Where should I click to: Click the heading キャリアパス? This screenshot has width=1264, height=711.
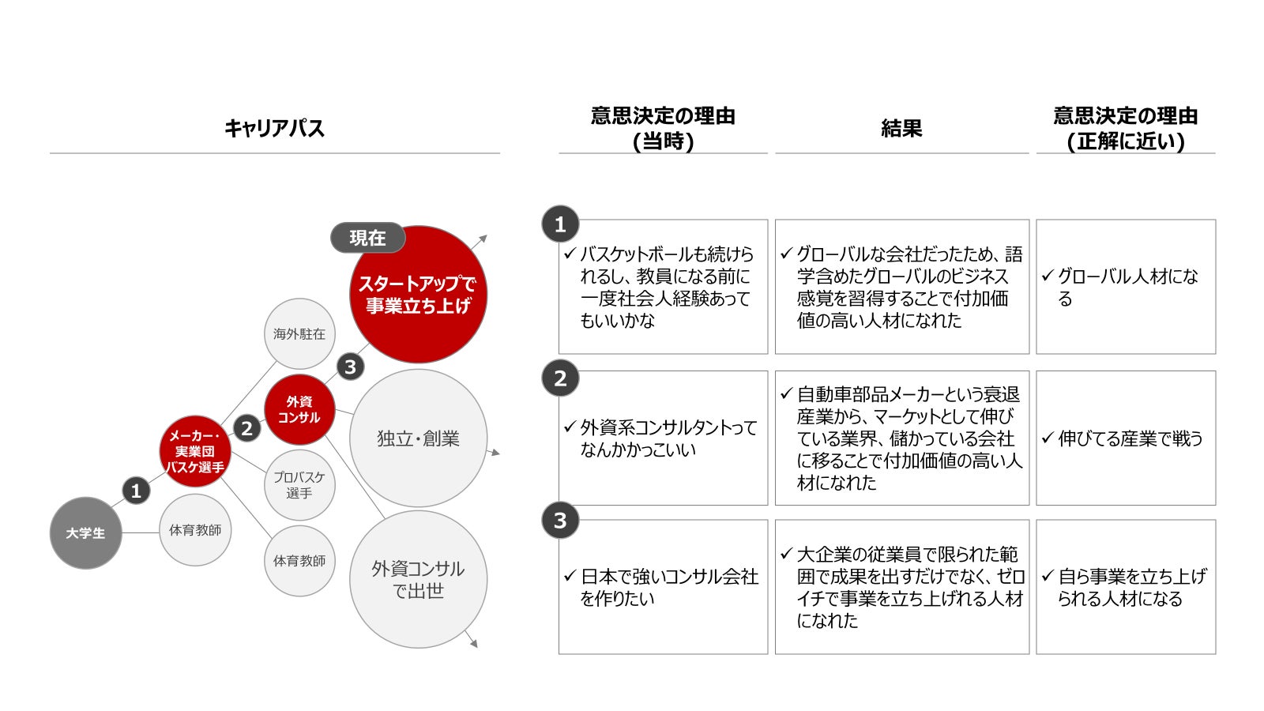274,128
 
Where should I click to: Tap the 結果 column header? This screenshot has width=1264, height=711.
901,128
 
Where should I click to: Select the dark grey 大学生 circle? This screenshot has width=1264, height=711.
85,532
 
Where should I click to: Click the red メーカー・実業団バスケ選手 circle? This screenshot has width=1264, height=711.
195,451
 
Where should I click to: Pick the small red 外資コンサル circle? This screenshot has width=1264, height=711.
299,410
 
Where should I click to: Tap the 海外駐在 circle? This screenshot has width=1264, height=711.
299,334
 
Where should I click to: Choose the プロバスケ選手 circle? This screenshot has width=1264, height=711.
299,485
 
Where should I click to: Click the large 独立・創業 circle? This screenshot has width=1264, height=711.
418,438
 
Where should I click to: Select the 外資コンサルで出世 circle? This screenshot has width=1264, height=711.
418,579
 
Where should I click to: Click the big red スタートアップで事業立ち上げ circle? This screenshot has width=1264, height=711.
418,295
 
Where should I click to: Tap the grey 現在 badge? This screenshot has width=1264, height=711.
367,238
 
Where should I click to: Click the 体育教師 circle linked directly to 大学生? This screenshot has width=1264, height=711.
195,530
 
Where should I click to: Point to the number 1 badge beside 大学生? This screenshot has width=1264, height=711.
136,491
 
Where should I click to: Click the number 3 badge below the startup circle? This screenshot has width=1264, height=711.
351,367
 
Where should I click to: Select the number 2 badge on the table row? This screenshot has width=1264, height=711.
560,378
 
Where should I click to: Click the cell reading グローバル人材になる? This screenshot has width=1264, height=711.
1126,287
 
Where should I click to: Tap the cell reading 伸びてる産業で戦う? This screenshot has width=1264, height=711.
1126,438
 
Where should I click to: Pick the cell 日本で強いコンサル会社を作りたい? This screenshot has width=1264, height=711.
663,587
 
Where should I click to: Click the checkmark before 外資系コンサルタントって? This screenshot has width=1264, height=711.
570,427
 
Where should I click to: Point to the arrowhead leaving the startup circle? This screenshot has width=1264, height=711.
483,239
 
